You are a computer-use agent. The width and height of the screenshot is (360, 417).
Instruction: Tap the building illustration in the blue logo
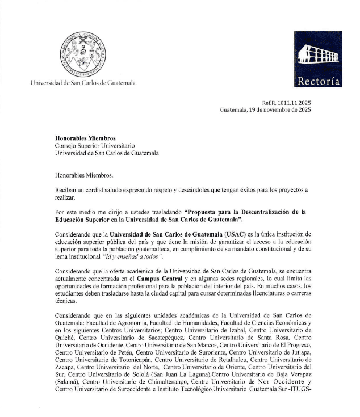[x=319, y=54]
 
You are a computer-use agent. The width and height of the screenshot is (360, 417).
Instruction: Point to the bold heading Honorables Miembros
[x=85, y=138]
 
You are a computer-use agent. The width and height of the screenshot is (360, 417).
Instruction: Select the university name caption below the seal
[x=83, y=83]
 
